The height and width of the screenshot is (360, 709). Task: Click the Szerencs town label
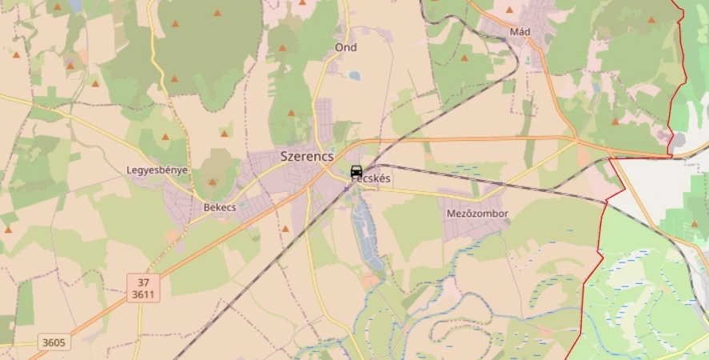coord(306,157)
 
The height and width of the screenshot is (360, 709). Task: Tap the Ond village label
coord(346,48)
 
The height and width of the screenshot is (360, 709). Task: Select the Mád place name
coord(520,32)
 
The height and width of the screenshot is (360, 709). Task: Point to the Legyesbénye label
coord(157,170)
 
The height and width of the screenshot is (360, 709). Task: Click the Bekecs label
coord(219,207)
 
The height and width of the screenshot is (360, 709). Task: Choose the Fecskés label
coord(371,179)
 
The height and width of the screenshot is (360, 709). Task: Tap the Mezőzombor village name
coord(478,214)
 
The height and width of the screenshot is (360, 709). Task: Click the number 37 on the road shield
coord(143,282)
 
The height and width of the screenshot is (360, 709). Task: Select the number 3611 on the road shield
coord(143,294)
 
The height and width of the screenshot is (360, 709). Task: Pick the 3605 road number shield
coord(54,342)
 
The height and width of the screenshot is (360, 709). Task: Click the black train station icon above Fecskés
coord(357,171)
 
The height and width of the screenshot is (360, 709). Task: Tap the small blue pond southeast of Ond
coord(354,76)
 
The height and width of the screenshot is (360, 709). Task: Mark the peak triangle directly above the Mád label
coord(510,10)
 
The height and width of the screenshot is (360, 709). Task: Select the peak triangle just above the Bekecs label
coord(212,182)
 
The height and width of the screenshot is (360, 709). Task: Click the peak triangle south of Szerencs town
coord(286,229)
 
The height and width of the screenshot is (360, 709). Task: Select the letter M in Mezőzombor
coord(451,214)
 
